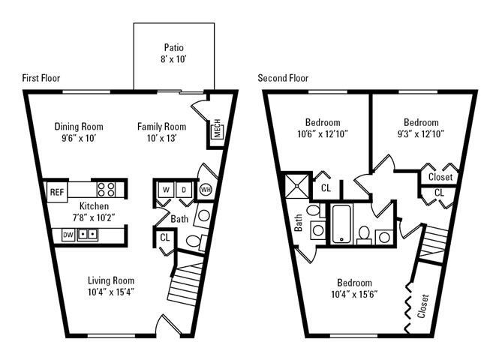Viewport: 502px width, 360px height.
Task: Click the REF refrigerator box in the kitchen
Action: point(57,191)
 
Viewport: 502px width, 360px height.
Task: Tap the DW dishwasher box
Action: point(68,235)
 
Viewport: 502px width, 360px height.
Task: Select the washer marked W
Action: point(165,189)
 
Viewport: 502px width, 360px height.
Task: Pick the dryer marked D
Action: point(184,189)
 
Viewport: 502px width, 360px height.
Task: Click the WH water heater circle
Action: point(205,189)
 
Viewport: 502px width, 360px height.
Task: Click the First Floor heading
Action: point(41,78)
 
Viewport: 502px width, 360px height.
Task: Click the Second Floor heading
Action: point(283,78)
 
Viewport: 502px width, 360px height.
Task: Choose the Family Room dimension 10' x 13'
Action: point(161,139)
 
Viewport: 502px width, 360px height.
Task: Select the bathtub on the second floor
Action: point(342,223)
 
